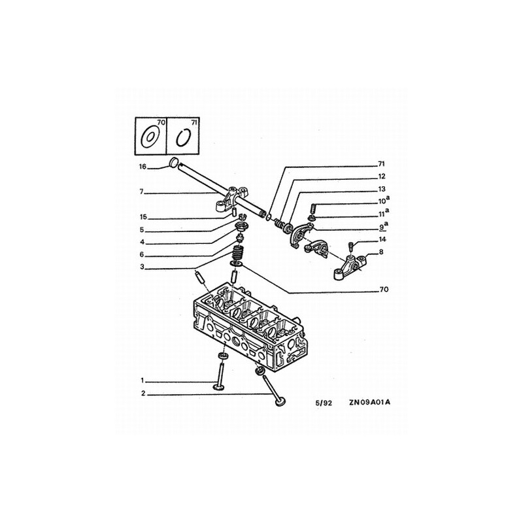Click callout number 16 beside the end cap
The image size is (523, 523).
tap(143, 167)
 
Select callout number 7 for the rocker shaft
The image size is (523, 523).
tap(141, 192)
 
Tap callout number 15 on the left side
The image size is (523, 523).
tap(143, 217)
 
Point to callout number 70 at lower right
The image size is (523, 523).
tap(384, 289)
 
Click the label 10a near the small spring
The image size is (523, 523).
tap(384, 201)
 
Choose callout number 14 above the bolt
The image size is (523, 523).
tap(382, 239)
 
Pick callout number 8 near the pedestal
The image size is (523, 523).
tap(381, 252)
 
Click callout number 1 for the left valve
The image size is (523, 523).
tap(142, 380)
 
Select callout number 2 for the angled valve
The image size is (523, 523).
tap(143, 394)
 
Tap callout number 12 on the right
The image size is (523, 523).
tap(382, 176)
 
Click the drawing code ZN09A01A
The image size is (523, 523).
tap(369, 402)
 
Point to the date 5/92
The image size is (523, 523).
tap(324, 403)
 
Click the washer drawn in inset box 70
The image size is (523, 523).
tap(150, 137)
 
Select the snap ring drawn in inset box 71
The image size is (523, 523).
tap(184, 138)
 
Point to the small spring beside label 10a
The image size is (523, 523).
tap(313, 209)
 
